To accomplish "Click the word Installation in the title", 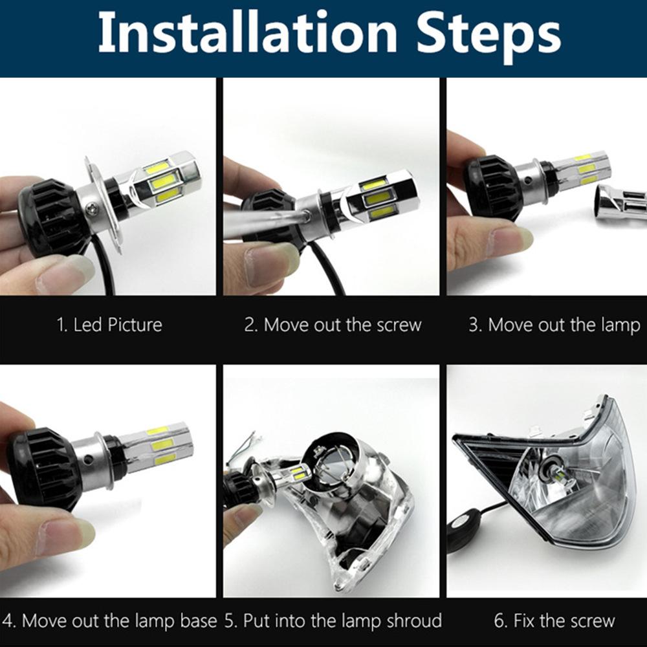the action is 248,33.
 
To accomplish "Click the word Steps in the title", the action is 488,37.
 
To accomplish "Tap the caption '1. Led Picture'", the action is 109,325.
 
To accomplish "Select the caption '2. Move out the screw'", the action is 333,325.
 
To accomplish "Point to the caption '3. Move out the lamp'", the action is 554,325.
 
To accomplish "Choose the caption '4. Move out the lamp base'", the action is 109,621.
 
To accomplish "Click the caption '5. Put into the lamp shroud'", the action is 333,621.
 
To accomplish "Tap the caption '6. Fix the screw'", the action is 554,620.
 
